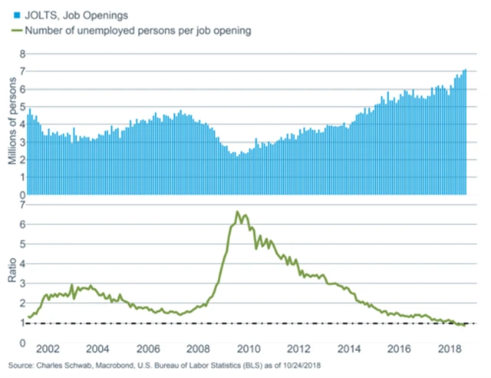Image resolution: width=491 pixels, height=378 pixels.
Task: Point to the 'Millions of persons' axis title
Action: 12,123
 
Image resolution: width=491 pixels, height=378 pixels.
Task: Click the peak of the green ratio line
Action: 237,211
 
